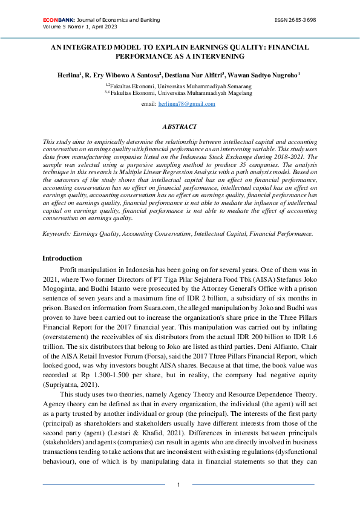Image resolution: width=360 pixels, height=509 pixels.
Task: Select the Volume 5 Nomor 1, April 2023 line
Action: pyautogui.click(x=80, y=27)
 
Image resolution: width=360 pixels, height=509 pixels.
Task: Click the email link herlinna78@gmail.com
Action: pyautogui.click(x=186, y=104)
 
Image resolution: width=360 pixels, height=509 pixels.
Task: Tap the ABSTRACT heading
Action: pyautogui.click(x=180, y=126)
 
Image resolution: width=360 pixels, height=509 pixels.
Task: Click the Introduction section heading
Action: pyautogui.click(x=62, y=258)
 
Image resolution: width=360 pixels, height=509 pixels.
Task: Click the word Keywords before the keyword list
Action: pyautogui.click(x=56, y=233)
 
